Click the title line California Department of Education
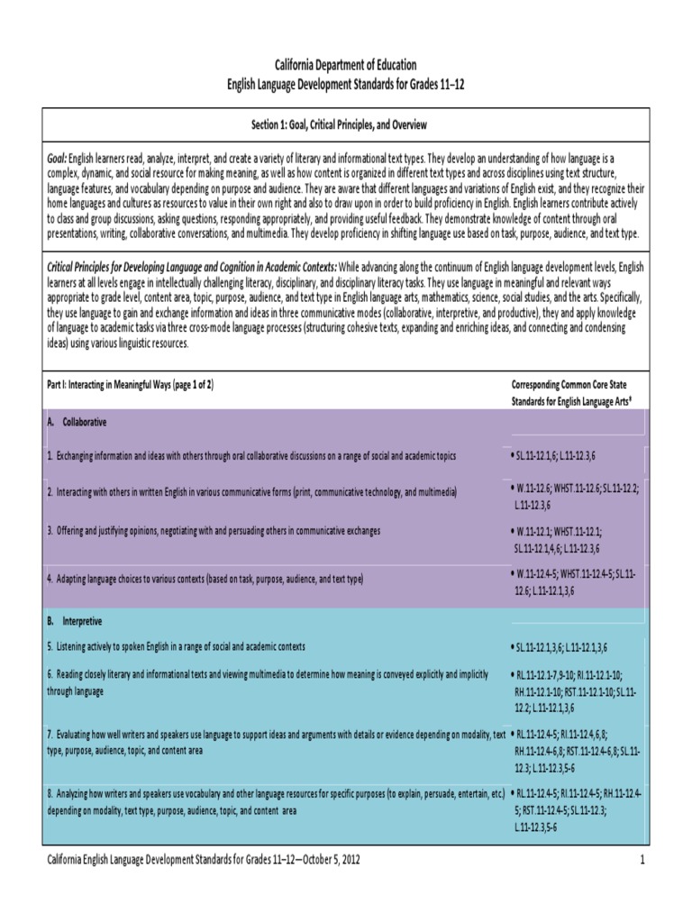point(346,65)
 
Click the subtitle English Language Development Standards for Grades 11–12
point(346,83)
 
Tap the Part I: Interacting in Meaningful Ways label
point(130,384)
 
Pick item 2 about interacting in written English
point(252,493)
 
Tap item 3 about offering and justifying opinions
point(214,531)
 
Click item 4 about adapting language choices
point(207,577)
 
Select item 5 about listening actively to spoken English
point(177,646)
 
